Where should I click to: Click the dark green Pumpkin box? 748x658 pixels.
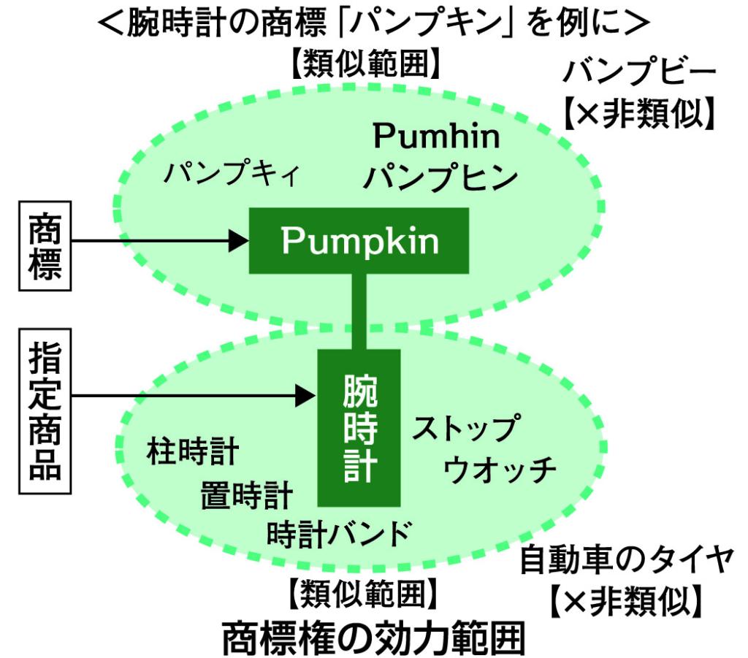(x=359, y=241)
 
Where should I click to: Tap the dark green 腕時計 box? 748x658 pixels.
(x=359, y=427)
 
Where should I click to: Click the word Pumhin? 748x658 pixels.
(x=436, y=137)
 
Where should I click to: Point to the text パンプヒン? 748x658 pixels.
(x=441, y=177)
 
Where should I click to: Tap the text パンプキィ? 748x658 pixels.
(x=232, y=175)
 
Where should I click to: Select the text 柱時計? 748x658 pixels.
(x=192, y=453)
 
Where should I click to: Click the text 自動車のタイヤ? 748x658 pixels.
(x=626, y=562)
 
